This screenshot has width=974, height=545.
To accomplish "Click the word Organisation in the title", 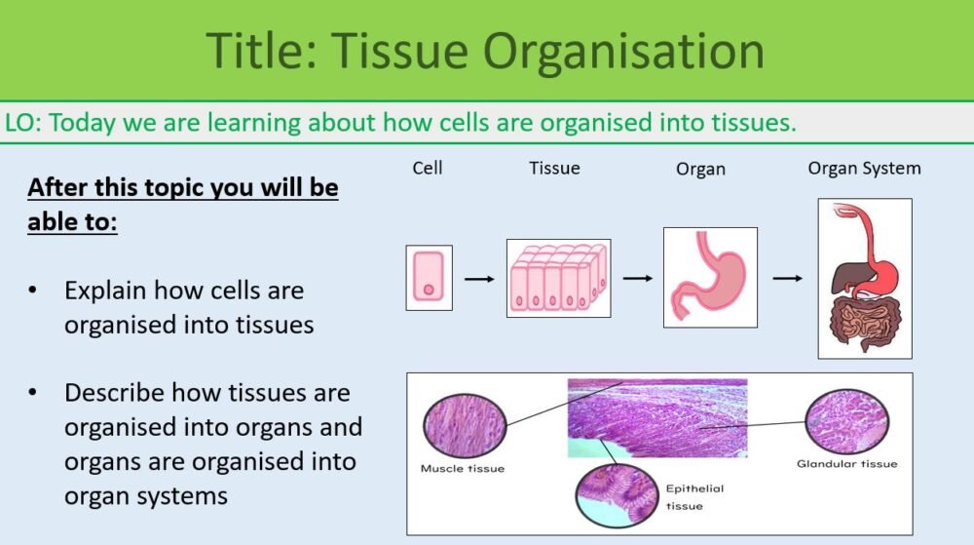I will coord(624,51).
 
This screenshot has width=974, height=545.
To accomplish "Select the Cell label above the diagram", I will coord(428,168).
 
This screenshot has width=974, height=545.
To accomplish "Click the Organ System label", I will coord(864,168).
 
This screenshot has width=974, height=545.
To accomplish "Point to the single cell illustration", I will coord(429,278).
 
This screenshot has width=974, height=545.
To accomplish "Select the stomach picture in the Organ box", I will coord(709,277).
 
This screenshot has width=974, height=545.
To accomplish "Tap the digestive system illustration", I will coord(864,278).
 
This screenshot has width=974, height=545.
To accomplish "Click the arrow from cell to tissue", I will coord(479,280).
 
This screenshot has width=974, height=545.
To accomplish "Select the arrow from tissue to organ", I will coord(637,279).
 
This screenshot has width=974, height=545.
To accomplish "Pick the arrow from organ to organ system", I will coord(788,279).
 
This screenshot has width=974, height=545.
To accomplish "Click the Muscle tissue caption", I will coord(463,469).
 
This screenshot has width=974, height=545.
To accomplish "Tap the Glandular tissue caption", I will coord(846,464).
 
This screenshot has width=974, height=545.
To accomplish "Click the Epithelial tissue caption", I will coord(694,496).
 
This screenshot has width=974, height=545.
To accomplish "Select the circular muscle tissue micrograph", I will coord(465,425).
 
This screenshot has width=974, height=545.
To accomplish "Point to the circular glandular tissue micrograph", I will coord(846,420).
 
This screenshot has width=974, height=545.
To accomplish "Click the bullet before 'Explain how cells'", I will coord(35,291).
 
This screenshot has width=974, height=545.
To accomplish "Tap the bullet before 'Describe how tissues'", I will coord(35,393).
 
